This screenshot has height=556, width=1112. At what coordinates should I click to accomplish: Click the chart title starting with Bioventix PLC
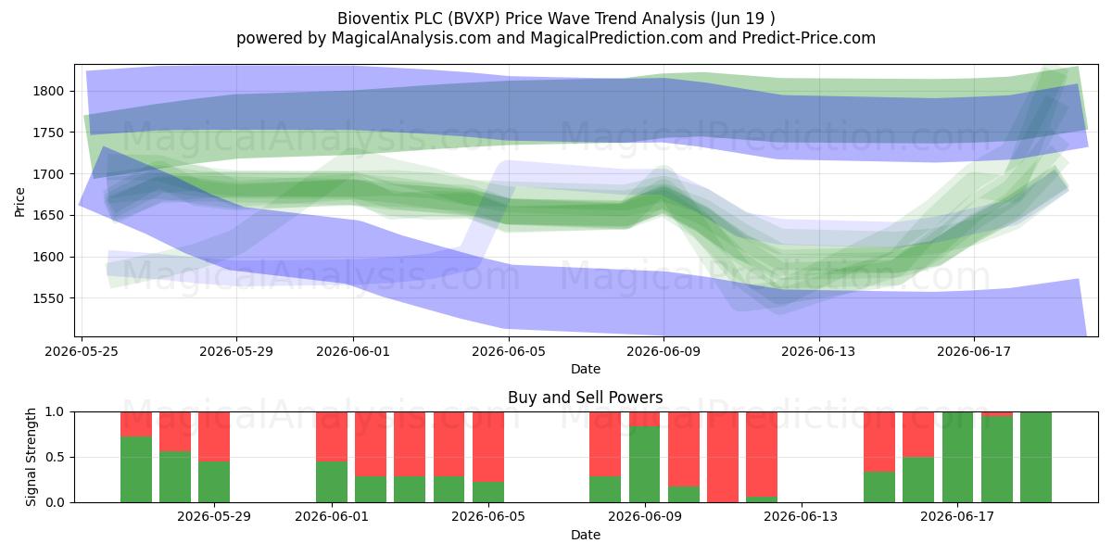(x=556, y=19)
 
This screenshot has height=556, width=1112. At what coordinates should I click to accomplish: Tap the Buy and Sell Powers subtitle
(x=586, y=398)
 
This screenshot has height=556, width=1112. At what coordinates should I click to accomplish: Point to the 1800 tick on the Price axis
(x=48, y=92)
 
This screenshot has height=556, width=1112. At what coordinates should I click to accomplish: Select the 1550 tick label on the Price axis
(x=48, y=298)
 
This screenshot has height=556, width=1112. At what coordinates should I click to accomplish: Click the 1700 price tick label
(x=48, y=174)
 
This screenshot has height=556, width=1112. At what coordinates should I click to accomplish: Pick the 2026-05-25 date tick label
(x=82, y=351)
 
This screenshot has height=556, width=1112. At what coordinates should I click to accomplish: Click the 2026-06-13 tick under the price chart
(x=818, y=351)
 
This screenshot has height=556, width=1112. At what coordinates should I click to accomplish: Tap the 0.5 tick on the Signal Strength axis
(x=55, y=457)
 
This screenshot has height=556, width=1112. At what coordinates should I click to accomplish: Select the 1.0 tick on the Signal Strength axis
(x=55, y=412)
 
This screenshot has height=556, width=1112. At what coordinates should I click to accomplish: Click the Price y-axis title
(x=19, y=202)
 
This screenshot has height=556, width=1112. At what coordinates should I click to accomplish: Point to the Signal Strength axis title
(x=31, y=457)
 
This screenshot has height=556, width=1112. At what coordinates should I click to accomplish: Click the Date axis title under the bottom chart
(x=586, y=535)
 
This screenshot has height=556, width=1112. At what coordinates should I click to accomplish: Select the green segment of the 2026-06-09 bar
(x=644, y=464)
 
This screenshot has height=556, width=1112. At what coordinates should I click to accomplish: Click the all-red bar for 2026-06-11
(x=723, y=457)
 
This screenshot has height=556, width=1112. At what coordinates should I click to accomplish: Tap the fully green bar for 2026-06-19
(x=1036, y=457)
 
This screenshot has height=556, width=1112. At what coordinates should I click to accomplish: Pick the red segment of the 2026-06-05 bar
(x=488, y=447)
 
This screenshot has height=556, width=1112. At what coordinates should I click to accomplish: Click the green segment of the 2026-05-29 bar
(x=214, y=482)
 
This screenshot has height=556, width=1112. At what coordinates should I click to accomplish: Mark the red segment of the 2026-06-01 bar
(x=332, y=436)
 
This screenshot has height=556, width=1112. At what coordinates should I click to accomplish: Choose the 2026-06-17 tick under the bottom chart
(x=957, y=517)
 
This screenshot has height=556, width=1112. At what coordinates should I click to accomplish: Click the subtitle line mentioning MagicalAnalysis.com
(x=556, y=38)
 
